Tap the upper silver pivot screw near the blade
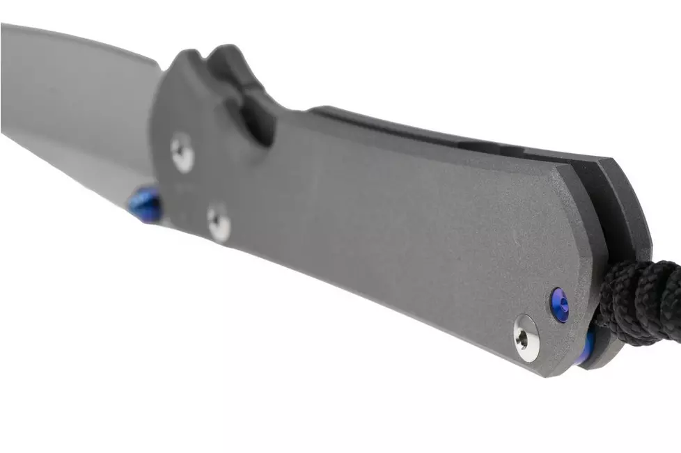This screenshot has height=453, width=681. tap(182, 152)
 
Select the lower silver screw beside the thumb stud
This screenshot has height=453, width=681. tap(219, 223)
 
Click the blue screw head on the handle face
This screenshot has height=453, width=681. tap(559, 305)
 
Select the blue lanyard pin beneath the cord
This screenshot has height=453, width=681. tap(589, 345)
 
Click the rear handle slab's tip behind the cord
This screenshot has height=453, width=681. tap(630, 209)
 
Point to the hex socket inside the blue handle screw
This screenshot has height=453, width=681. tap(559, 305)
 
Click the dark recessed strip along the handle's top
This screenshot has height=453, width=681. tap(418, 129)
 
